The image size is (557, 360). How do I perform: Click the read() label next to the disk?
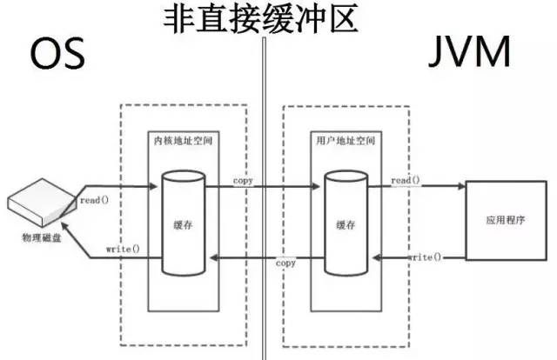[x=93, y=200]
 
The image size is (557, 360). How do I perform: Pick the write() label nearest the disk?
[x=123, y=250]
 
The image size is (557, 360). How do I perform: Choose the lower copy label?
[x=285, y=263]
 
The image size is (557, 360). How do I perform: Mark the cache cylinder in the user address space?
[x=341, y=222]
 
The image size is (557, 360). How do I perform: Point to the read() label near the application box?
[x=406, y=180]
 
